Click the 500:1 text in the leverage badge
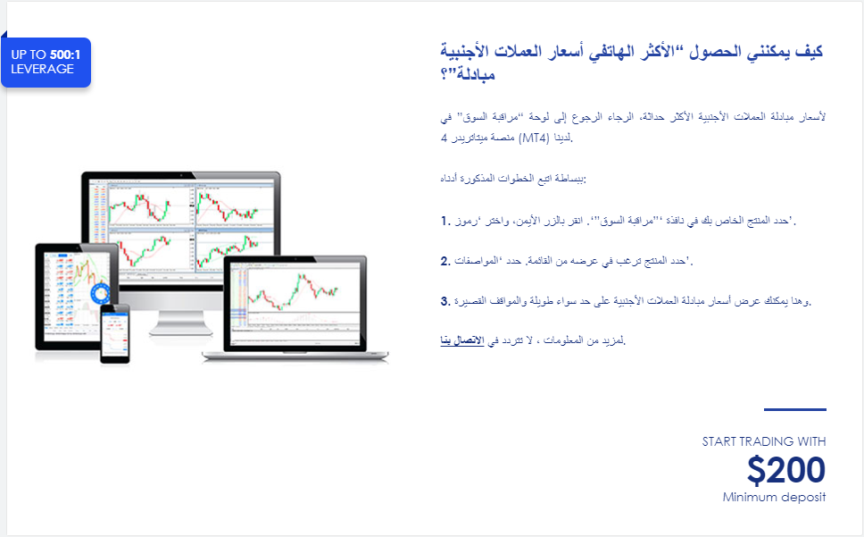[65, 55]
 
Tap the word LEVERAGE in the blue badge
[43, 69]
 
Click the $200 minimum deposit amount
[785, 470]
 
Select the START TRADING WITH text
[764, 441]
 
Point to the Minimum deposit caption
[774, 498]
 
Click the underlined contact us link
[462, 340]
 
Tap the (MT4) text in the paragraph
[534, 138]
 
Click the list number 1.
[445, 221]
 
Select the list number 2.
[445, 261]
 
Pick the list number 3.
[445, 301]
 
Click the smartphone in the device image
[115, 333]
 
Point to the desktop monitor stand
[180, 323]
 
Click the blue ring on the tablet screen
[101, 293]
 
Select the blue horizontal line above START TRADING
[795, 409]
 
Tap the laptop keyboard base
[295, 357]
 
